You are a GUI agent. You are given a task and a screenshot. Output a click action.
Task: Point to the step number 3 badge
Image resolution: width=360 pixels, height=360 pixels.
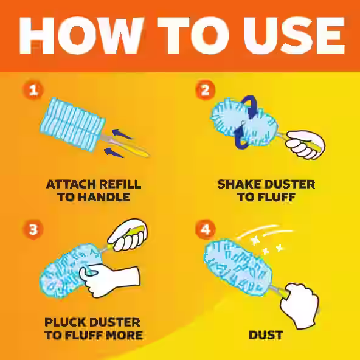coord(34,229)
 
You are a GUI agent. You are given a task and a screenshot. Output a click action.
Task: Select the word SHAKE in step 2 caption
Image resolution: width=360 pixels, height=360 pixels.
coord(239,184)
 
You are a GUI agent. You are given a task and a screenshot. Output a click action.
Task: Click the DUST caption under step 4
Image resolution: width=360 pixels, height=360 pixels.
coord(266,335)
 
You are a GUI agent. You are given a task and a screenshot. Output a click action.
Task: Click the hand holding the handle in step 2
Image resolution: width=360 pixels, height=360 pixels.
coord(304,144)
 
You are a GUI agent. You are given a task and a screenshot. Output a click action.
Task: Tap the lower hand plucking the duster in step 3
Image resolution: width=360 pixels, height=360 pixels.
coord(112,280)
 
